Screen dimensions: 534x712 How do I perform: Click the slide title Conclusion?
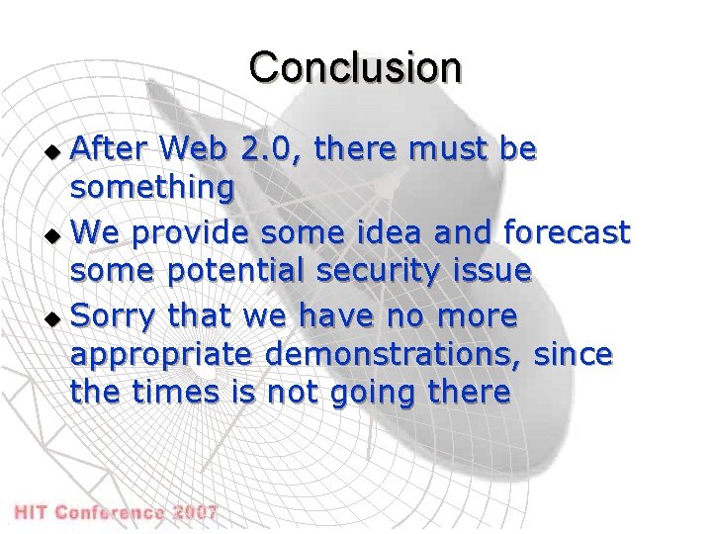(355, 68)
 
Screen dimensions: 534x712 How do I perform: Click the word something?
(152, 187)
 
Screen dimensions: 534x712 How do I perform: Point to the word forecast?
(566, 232)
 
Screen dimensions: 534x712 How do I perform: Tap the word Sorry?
(116, 316)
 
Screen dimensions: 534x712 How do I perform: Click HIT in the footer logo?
(29, 512)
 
